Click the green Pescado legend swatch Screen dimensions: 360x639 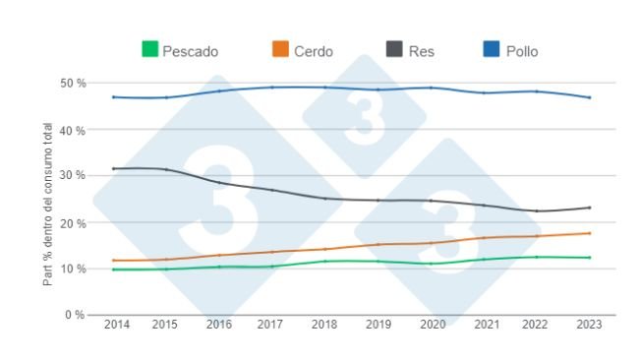[x=150, y=49]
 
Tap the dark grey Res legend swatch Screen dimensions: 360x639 [x=393, y=49]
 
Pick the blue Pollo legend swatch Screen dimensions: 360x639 [x=494, y=49]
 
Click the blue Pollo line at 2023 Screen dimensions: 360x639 [x=589, y=97]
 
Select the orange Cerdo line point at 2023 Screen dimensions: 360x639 [x=589, y=233]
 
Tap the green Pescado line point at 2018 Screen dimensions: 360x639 [x=325, y=261]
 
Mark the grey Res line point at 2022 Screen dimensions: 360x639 [x=536, y=210]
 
